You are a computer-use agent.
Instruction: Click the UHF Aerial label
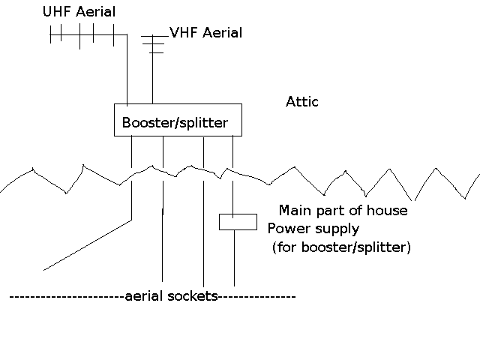(79, 13)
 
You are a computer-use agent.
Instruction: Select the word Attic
(302, 101)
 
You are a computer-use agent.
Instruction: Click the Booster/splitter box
(178, 121)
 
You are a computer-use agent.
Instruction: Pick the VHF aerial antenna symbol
(154, 43)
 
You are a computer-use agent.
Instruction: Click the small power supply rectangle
(238, 222)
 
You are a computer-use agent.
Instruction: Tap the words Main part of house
(343, 210)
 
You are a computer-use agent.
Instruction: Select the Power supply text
(313, 228)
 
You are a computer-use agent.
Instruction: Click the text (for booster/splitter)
(341, 247)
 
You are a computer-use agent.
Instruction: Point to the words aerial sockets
(170, 297)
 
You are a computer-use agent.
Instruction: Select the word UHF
(55, 13)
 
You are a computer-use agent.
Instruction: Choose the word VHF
(182, 33)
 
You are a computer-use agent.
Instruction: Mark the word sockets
(193, 297)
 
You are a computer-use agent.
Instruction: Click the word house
(389, 210)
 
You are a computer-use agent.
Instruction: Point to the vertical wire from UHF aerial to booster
(126, 71)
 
